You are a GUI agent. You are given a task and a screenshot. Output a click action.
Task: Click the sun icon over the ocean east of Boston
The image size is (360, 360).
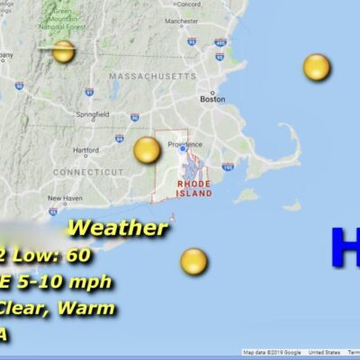point(317,67)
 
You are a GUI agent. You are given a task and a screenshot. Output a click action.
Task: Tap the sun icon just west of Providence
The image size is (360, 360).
point(147,150)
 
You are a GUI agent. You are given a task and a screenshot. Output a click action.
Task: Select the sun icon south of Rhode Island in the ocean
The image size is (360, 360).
point(193,261)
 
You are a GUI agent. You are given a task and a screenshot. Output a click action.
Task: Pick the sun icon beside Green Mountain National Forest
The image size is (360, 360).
point(63,51)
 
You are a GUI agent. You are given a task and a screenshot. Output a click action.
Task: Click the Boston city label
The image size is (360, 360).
point(212,99)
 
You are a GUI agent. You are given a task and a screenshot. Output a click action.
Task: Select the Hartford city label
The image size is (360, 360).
point(85,150)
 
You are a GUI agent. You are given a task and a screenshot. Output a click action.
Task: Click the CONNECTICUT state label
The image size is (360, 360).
point(88,171)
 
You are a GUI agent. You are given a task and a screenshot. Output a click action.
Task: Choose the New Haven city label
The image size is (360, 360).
point(65,198)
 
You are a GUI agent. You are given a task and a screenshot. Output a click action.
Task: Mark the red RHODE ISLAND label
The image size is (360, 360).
point(194,188)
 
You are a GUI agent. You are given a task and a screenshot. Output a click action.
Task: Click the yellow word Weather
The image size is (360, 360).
point(117,227)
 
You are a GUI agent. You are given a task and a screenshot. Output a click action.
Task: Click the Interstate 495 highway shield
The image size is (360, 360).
point(220,41)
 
